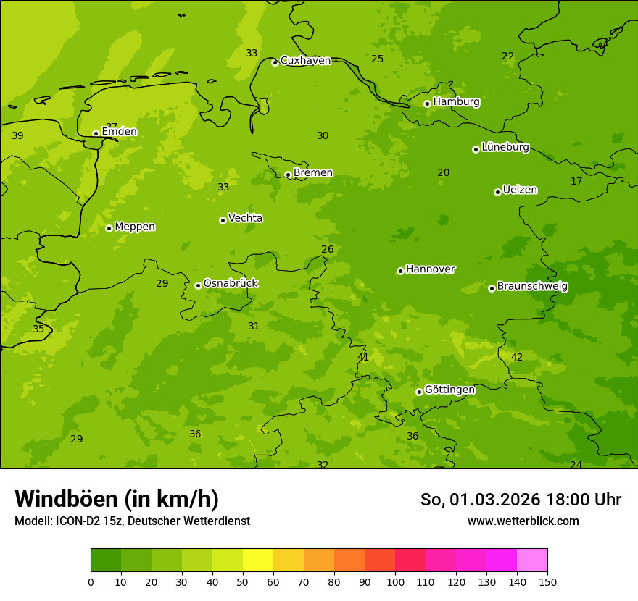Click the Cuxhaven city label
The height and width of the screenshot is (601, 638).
click(x=305, y=61)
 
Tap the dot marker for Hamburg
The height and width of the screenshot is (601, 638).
click(x=428, y=104)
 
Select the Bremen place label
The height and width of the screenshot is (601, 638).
click(x=312, y=173)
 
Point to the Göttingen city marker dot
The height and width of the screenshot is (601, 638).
click(x=419, y=392)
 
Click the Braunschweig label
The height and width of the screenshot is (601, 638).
click(x=532, y=287)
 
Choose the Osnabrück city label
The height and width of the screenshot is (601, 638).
click(x=230, y=284)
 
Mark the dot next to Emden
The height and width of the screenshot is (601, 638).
click(x=96, y=133)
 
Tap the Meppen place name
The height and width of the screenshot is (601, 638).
click(x=134, y=227)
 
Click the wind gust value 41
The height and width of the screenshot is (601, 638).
click(x=363, y=358)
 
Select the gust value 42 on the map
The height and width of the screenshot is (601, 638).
click(x=517, y=358)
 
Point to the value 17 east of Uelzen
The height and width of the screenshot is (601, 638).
click(x=576, y=182)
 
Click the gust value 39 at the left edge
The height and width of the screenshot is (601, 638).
click(x=17, y=136)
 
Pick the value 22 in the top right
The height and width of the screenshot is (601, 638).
click(x=508, y=56)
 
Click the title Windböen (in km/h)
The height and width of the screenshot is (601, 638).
click(x=116, y=499)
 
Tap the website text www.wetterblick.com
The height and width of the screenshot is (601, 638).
click(x=523, y=521)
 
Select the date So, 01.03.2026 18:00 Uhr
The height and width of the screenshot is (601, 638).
click(x=521, y=500)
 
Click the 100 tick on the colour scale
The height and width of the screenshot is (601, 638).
click(x=395, y=581)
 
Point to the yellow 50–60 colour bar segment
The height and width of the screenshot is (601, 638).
click(x=258, y=560)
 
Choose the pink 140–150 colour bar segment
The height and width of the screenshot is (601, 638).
click(x=532, y=560)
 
